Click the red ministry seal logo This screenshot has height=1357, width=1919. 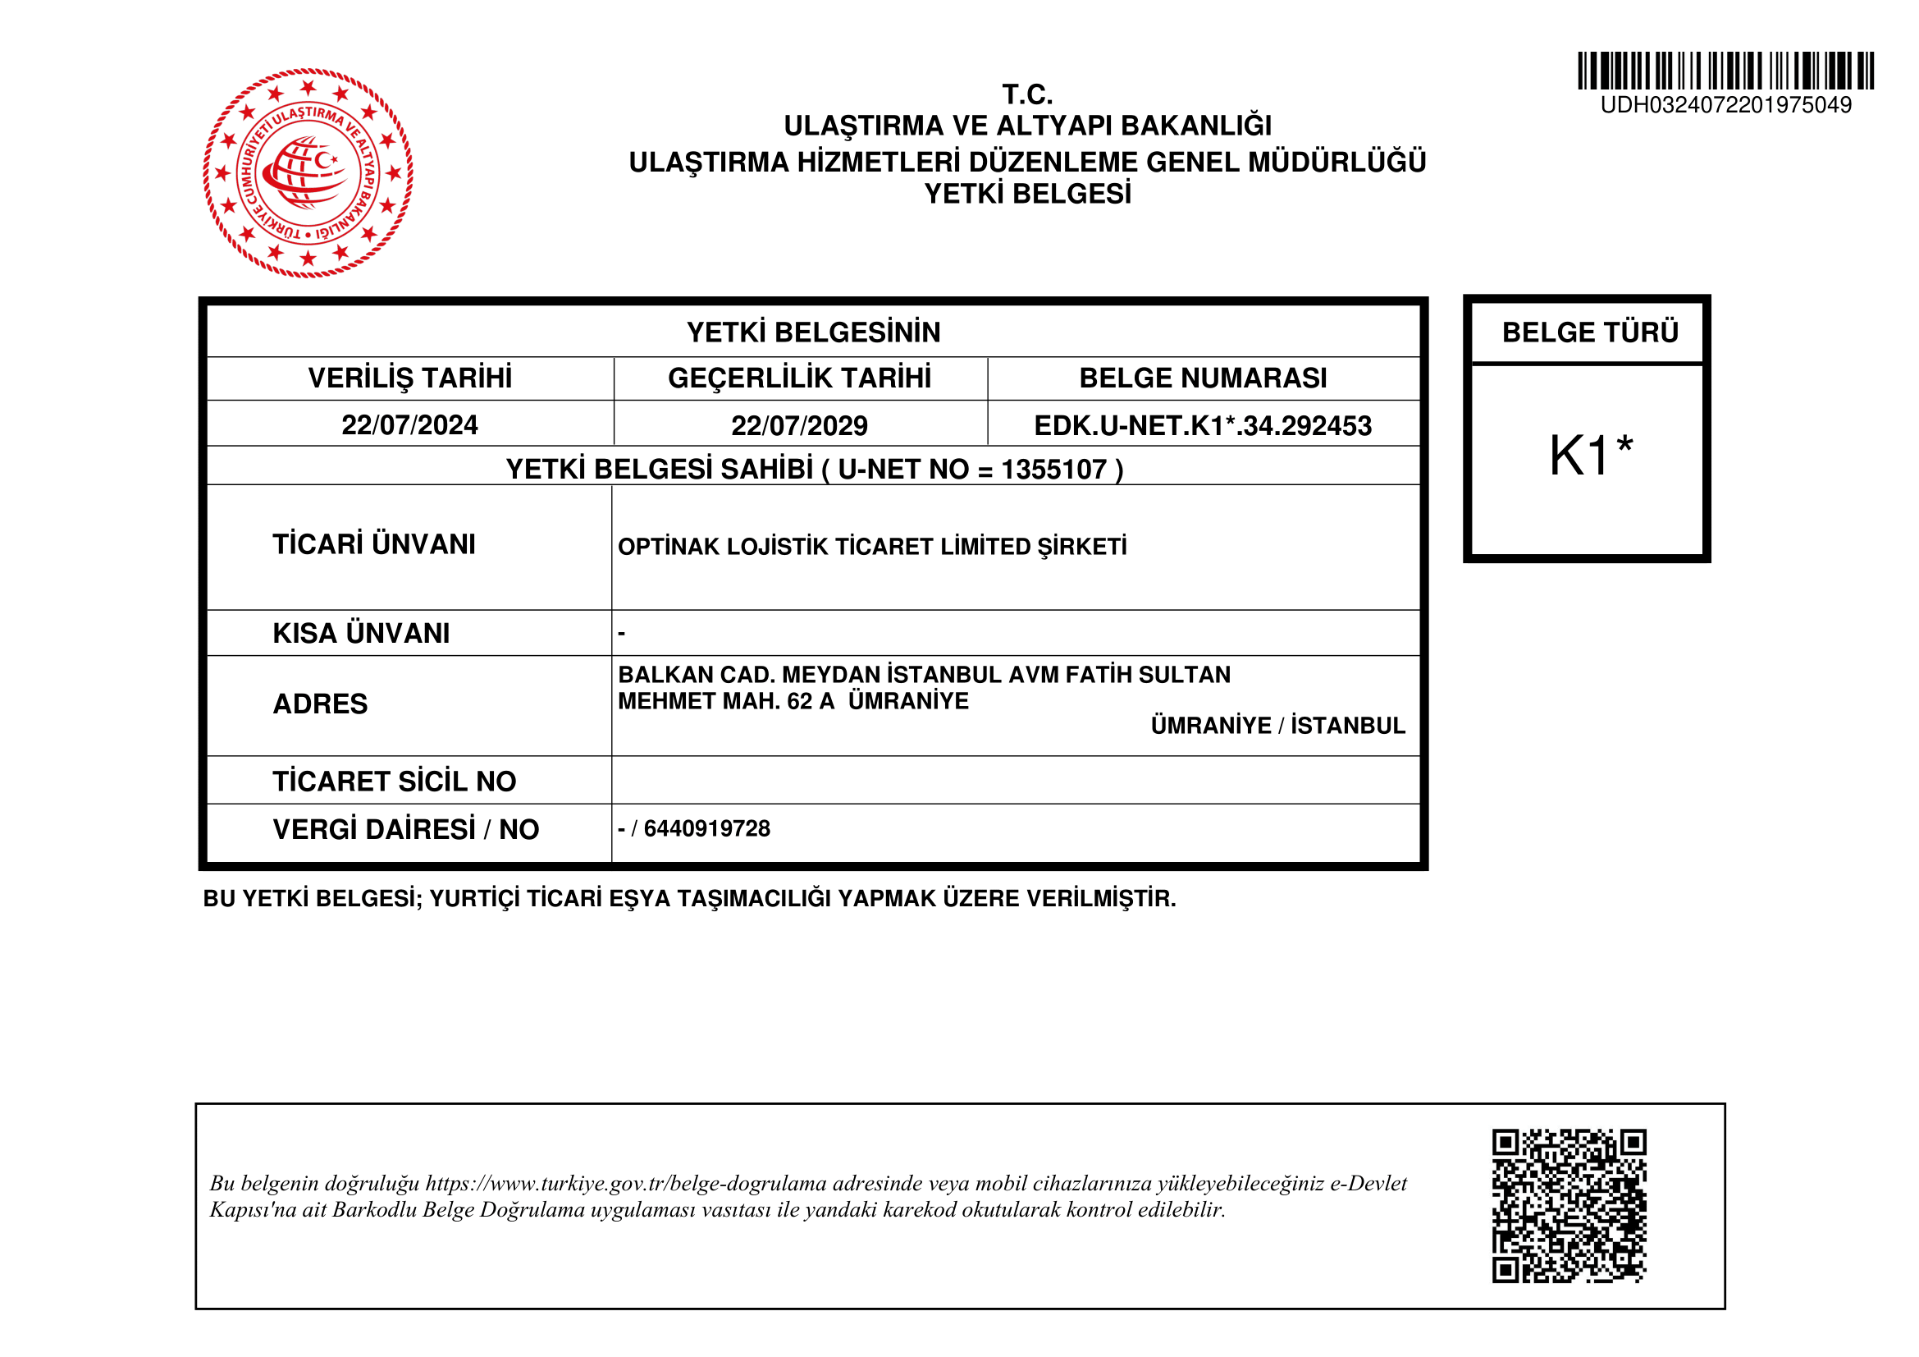(308, 173)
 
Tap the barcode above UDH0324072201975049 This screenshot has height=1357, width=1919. (1725, 71)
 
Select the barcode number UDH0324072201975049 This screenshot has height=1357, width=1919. (1725, 105)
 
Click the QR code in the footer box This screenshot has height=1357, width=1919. (1569, 1206)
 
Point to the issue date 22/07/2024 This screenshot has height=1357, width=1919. (409, 424)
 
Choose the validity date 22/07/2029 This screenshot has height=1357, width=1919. (799, 425)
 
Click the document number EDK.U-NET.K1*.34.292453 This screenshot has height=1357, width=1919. (1203, 425)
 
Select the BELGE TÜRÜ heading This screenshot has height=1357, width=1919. (1590, 332)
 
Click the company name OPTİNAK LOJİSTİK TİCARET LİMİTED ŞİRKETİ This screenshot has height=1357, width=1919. (872, 547)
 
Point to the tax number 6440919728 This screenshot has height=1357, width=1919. (707, 828)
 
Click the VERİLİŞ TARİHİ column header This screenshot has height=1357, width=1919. (409, 378)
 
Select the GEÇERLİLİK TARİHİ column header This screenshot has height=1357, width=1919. (799, 378)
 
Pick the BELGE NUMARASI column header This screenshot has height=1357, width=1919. (1203, 378)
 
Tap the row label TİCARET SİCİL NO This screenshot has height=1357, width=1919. (395, 781)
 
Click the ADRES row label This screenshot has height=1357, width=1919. (320, 704)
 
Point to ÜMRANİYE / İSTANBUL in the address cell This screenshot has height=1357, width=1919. (1277, 725)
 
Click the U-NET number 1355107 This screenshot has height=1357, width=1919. (1054, 469)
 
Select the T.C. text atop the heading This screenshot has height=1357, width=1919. (1027, 94)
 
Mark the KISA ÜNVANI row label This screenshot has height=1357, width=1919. (361, 633)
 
